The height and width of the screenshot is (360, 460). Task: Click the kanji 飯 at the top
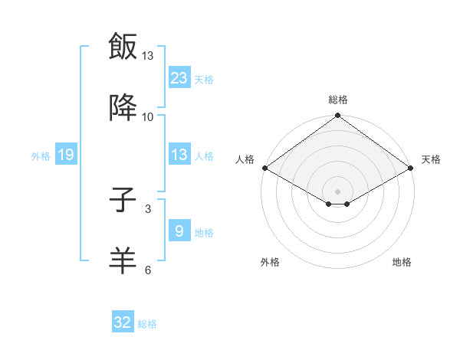[x=123, y=47]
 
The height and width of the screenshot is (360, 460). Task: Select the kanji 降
[x=123, y=108]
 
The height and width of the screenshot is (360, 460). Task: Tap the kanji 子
[x=123, y=201]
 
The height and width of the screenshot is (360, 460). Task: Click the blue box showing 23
[x=179, y=78]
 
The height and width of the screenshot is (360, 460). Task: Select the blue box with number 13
[x=179, y=155]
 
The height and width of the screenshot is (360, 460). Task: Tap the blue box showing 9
[x=179, y=231]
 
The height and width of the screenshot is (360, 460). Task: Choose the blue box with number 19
[x=66, y=155]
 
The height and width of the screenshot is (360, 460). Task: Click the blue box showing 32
[x=123, y=322]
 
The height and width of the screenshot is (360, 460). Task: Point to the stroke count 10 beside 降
[x=148, y=116]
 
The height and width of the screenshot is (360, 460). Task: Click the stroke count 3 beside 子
[x=148, y=208]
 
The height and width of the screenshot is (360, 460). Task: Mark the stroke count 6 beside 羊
[x=148, y=270]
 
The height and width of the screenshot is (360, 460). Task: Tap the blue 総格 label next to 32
[x=147, y=324]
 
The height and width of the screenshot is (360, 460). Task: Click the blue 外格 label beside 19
[x=41, y=156]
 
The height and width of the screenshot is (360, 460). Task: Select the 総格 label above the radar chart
[x=338, y=100]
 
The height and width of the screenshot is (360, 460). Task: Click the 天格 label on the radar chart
[x=431, y=159]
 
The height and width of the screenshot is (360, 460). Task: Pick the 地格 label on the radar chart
[x=402, y=262]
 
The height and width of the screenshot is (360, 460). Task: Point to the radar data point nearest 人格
[x=264, y=168]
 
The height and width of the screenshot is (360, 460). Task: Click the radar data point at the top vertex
[x=338, y=116]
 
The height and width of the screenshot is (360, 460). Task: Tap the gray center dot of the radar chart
[x=338, y=191]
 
